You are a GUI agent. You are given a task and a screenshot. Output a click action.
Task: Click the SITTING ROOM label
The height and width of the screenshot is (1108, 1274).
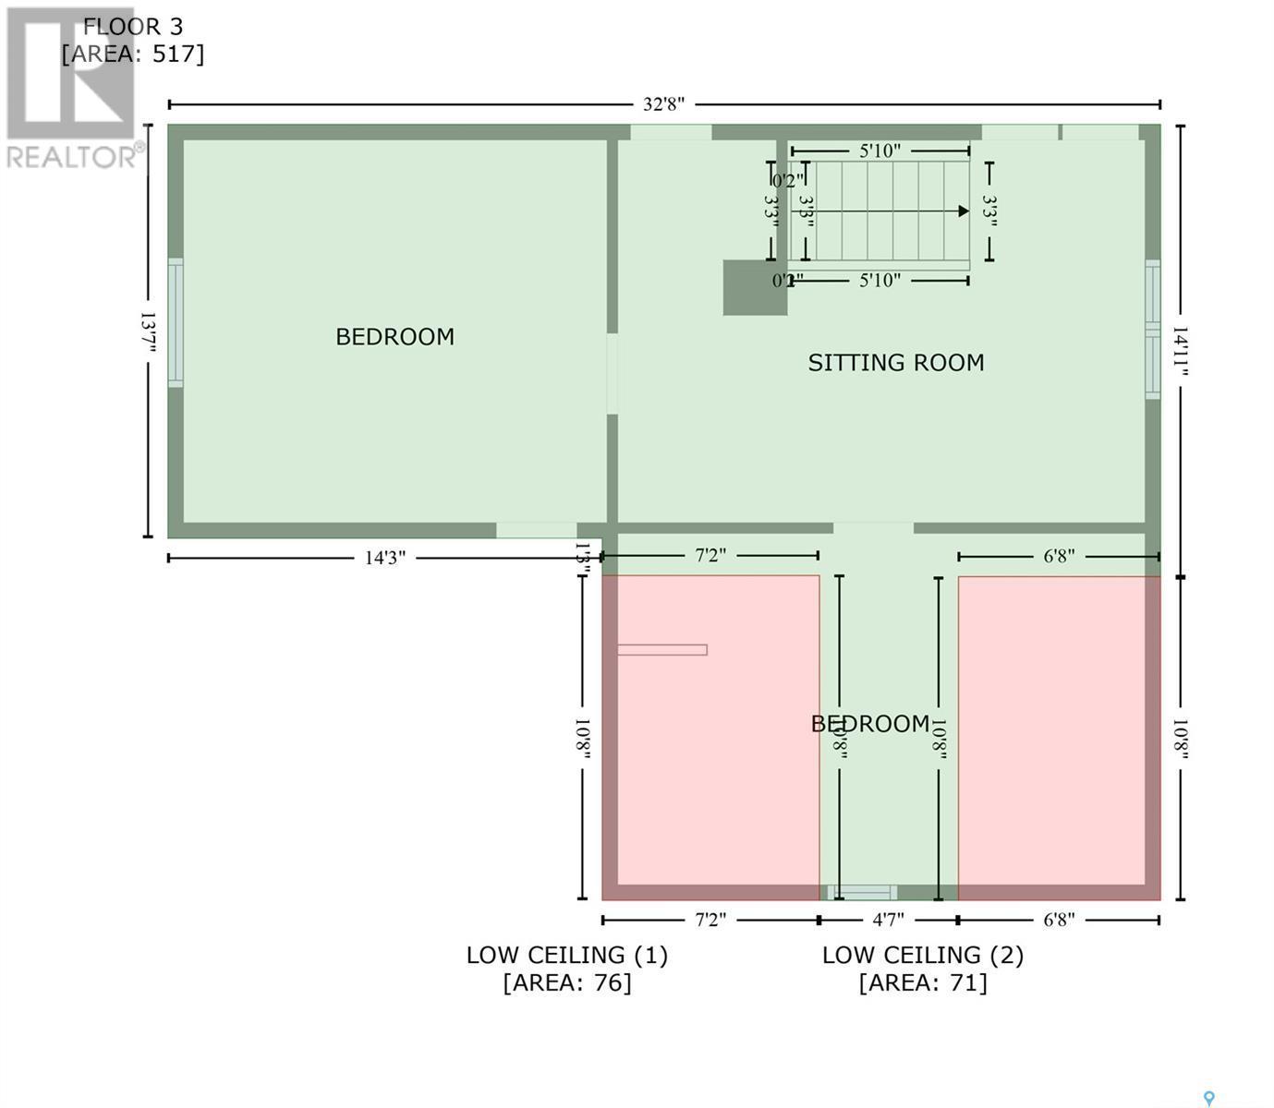[895, 363]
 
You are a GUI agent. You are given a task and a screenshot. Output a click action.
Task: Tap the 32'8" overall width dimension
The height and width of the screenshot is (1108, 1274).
[663, 104]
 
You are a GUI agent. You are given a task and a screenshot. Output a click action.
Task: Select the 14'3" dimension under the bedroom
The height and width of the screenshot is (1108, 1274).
[384, 558]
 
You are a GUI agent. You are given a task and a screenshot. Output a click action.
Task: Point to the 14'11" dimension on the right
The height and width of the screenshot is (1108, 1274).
[1180, 350]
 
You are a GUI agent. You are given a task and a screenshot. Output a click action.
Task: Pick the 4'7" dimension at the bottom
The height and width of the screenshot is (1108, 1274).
[888, 920]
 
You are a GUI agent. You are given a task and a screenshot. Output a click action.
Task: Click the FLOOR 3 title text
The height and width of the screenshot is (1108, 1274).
[133, 27]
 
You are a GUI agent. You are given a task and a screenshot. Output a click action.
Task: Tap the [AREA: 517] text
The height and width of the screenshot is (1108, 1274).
[133, 54]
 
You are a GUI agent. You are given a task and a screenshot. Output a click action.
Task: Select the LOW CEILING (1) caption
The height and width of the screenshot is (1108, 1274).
[566, 955]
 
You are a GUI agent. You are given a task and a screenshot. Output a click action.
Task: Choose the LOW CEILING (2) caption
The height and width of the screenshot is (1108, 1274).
[923, 955]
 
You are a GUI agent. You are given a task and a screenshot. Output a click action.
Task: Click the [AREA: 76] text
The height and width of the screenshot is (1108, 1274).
[566, 982]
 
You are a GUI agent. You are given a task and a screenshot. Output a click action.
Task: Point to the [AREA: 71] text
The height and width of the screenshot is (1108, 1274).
[923, 982]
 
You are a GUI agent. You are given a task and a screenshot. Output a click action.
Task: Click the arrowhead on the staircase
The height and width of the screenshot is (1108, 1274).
[963, 211]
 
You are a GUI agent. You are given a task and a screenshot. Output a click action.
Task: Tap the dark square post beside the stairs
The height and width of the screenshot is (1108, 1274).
[754, 287]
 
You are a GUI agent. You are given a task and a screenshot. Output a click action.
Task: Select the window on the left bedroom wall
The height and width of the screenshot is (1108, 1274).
[175, 322]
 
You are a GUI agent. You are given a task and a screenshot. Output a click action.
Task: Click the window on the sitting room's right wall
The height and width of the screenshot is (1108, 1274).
[1152, 330]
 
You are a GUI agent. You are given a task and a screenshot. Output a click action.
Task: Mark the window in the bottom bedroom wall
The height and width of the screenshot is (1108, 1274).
[861, 893]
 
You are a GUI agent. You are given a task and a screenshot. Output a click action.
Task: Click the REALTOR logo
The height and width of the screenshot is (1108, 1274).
[72, 88]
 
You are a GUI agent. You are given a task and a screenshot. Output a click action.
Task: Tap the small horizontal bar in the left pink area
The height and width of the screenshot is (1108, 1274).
[661, 650]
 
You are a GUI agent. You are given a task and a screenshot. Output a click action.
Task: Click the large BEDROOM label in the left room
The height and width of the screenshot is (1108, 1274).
[394, 337]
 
